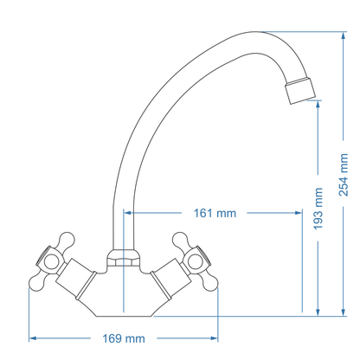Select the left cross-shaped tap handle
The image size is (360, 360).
pyautogui.click(x=56, y=254)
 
